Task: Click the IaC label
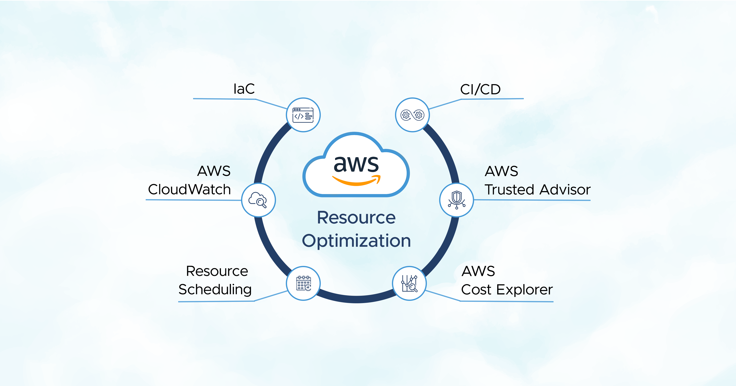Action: click(x=244, y=89)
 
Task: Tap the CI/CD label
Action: click(x=480, y=89)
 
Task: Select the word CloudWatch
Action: click(x=189, y=189)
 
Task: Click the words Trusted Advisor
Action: click(x=537, y=190)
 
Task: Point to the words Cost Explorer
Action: click(x=507, y=290)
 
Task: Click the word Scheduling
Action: click(x=215, y=290)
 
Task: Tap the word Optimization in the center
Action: click(x=356, y=241)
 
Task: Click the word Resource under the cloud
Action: click(x=356, y=218)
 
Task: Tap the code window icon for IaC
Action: click(x=303, y=115)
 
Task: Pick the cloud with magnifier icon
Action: click(x=258, y=200)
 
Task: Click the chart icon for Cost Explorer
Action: click(x=410, y=283)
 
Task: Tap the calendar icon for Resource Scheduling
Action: click(x=303, y=283)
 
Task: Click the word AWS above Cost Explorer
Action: click(x=478, y=271)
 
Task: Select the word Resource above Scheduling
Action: click(x=217, y=271)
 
